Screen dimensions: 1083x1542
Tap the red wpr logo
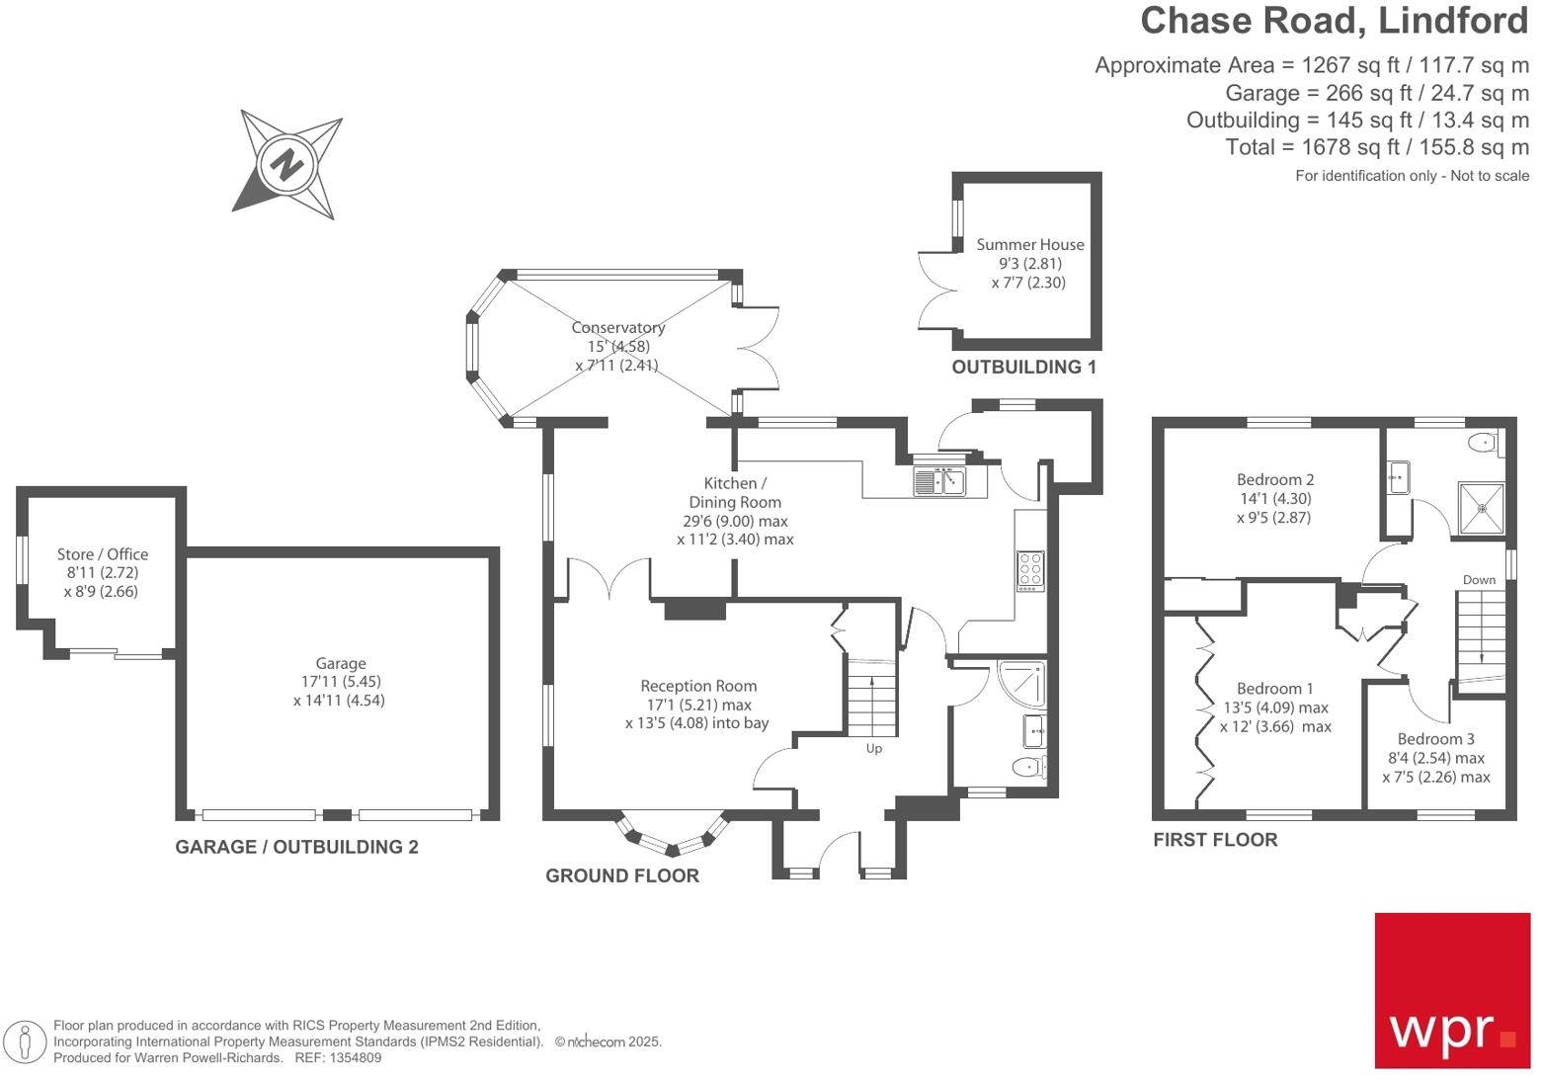pos(1451,990)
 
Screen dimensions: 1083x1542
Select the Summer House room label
pos(1029,245)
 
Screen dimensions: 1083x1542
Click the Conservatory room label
pos(618,327)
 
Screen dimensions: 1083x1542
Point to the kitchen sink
pos(939,481)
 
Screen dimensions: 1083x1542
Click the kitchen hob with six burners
pos(1029,571)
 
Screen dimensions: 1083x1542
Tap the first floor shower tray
pos(1481,508)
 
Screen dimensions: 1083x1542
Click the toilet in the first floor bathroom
pos(1485,443)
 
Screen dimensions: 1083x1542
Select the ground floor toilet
pos(1028,766)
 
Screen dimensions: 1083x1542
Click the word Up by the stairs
pos(873,748)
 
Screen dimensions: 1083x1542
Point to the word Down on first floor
pos(1479,580)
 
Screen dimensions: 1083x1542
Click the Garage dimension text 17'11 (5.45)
pos(340,682)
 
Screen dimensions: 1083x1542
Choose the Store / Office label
pos(102,554)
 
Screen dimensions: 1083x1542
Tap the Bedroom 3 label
pos(1435,739)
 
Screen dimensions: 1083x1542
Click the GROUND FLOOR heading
pos(621,875)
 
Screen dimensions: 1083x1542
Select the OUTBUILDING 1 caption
pos(1023,367)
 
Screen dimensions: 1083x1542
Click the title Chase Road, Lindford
pos(1334,21)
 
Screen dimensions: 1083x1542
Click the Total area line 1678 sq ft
pos(1376,147)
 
